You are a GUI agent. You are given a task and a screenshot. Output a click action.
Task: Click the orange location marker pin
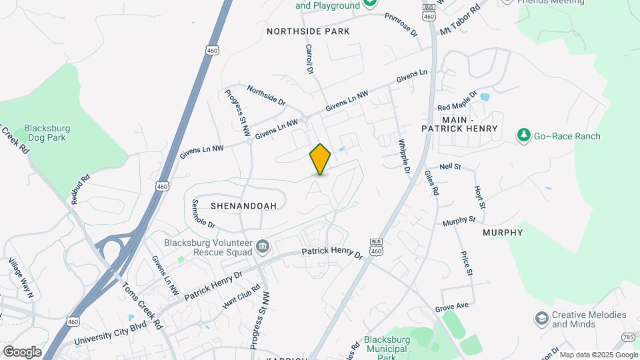click(x=320, y=159)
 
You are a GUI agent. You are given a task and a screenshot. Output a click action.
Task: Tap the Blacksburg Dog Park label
click(x=47, y=133)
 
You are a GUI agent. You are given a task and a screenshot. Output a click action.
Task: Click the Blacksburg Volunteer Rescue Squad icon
click(x=263, y=249)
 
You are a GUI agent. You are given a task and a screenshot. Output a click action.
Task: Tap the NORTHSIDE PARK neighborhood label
click(x=308, y=31)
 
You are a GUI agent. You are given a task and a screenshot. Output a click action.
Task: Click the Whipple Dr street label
click(x=404, y=157)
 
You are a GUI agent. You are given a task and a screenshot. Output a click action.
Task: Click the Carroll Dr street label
click(x=309, y=58)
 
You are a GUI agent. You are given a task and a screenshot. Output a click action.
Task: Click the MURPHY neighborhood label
click(x=503, y=233)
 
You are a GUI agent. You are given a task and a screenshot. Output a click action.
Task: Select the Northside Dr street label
click(x=266, y=95)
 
